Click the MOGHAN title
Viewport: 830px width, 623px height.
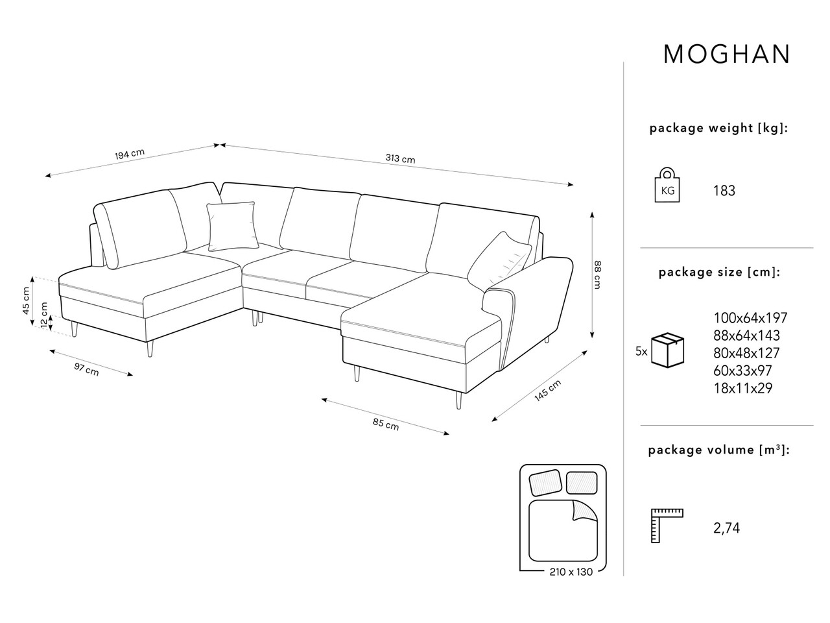click(x=726, y=55)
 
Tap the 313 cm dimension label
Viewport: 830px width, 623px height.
click(x=400, y=158)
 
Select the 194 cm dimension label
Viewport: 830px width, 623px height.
click(x=130, y=154)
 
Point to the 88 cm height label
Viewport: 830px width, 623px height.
click(x=597, y=275)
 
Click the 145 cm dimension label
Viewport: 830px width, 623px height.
click(x=547, y=391)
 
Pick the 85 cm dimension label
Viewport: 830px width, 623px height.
click(x=386, y=424)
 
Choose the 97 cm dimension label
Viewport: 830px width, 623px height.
click(x=86, y=369)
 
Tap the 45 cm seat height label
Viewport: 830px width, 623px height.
click(x=26, y=300)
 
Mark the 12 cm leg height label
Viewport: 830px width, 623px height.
click(x=44, y=315)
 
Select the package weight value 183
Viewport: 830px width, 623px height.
click(x=724, y=191)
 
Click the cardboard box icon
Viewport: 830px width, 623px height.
click(x=667, y=350)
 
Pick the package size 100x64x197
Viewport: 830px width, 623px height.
click(x=750, y=318)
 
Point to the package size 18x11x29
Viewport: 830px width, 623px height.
click(x=742, y=388)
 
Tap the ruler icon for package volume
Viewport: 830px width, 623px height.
click(x=667, y=526)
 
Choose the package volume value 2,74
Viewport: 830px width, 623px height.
click(x=726, y=528)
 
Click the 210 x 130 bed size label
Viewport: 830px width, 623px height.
click(x=571, y=572)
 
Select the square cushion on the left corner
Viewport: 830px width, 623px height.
click(x=233, y=226)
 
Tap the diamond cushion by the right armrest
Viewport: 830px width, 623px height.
click(x=499, y=260)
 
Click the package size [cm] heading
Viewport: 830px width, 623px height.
click(x=719, y=273)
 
